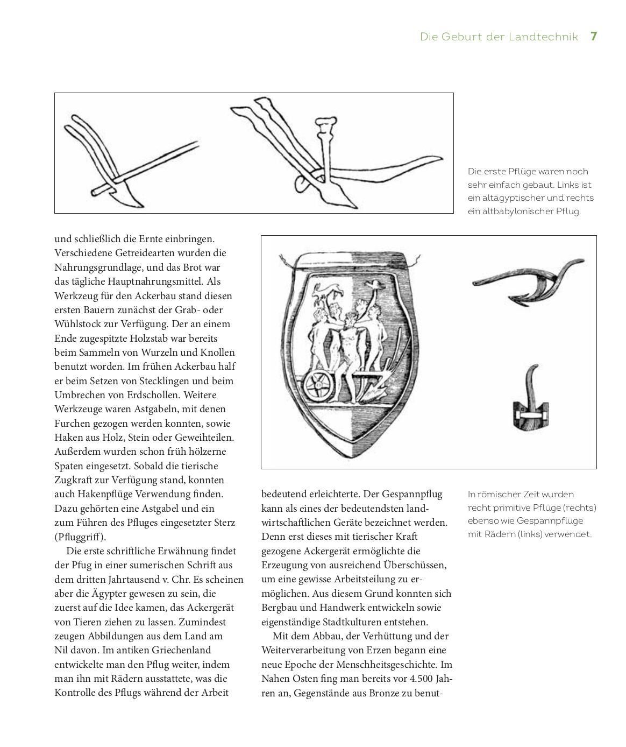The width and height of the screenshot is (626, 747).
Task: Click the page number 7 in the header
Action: pos(594,37)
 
